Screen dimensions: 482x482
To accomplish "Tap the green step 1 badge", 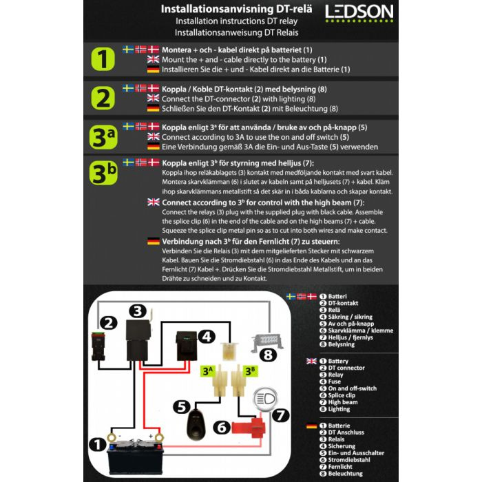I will (x=103, y=61).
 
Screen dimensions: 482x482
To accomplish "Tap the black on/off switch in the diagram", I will (x=196, y=417).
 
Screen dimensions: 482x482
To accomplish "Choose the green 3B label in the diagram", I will (x=250, y=370).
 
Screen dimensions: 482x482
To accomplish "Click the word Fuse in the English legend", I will (x=335, y=381).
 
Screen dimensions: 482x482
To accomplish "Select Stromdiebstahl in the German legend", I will (x=351, y=459).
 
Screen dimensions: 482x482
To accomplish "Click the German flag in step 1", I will (x=153, y=70).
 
